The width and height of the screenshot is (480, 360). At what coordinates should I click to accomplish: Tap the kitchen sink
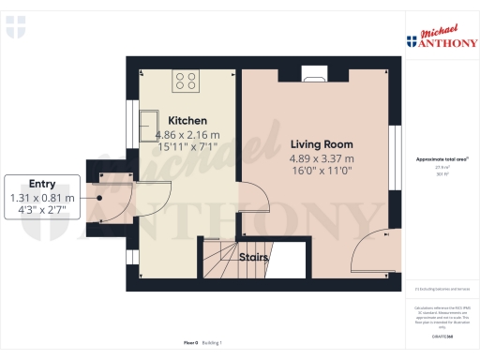[x=150, y=121]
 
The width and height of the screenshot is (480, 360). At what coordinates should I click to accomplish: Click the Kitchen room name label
[x=187, y=121]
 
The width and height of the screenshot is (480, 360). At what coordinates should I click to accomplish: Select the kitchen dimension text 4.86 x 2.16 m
[x=187, y=134]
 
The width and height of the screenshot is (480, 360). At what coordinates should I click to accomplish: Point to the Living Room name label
[x=322, y=144]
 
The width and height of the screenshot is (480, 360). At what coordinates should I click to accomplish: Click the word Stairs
[x=254, y=256]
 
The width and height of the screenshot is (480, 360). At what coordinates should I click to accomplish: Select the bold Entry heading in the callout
[x=42, y=184]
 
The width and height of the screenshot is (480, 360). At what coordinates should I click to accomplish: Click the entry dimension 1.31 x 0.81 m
[x=42, y=197]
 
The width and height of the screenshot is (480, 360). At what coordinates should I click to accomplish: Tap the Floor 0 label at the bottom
[x=189, y=343]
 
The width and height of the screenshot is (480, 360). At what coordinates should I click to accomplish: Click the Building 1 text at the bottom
[x=213, y=343]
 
